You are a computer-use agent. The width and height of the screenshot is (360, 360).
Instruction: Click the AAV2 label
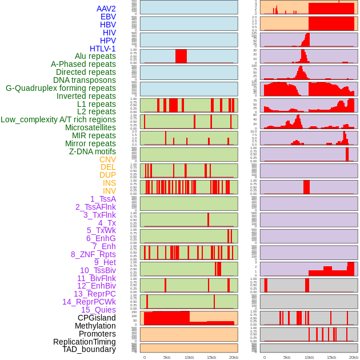106,9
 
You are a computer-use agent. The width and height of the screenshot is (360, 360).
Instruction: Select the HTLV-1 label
102,49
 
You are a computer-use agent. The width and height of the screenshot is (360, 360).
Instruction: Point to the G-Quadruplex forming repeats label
61,88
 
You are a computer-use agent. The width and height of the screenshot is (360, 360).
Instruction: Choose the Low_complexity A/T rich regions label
58,119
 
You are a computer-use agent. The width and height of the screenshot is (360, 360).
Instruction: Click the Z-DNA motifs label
92,151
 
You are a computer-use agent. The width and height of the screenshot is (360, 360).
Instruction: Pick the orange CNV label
107,159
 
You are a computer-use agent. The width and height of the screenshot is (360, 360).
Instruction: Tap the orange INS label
109,183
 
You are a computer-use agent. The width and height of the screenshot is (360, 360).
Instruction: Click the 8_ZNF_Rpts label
93,254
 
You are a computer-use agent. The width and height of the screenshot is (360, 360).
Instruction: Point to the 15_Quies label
98,310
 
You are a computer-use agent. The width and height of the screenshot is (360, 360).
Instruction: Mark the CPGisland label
97,318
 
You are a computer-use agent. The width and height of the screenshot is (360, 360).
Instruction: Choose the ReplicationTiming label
85,342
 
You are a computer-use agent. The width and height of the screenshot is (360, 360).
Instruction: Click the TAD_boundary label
89,349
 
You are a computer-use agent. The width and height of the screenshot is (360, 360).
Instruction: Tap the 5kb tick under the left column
167,357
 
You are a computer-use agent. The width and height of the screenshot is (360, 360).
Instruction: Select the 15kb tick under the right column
331,357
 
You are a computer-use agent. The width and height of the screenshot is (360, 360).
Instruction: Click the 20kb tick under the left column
233,357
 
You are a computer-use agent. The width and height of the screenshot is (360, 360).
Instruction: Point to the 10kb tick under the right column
309,357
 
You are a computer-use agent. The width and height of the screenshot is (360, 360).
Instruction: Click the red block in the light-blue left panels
181,56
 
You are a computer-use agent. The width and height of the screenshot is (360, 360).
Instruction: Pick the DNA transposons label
85,80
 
